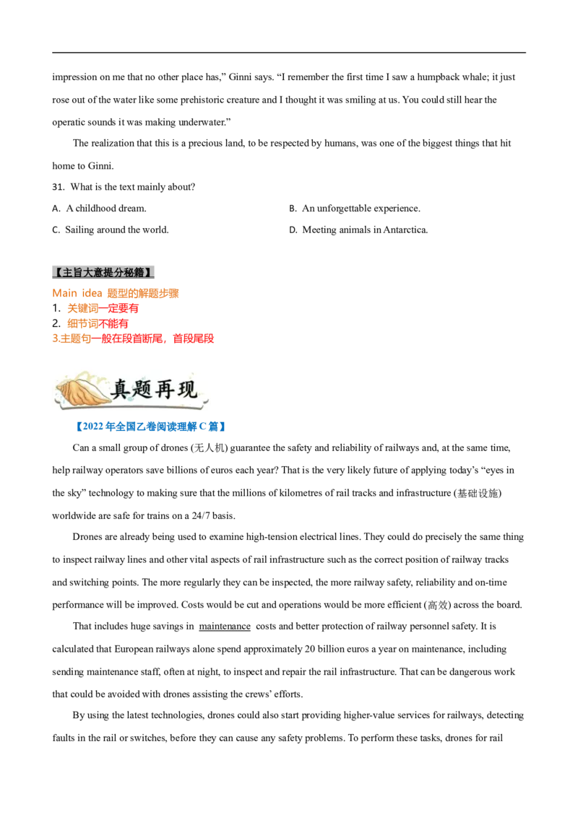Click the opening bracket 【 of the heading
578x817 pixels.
pos(57,273)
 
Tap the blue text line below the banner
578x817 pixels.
pos(150,427)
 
